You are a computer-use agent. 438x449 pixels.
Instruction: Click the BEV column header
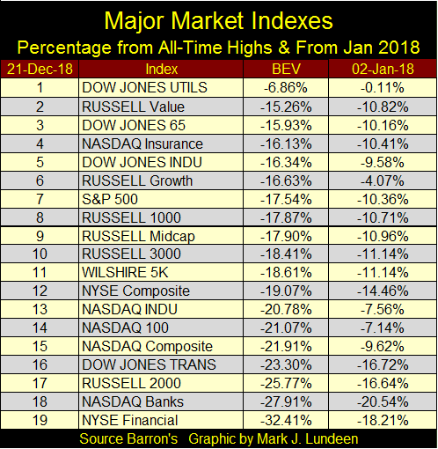point(286,70)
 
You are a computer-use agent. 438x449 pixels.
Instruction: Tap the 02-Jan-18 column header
point(383,70)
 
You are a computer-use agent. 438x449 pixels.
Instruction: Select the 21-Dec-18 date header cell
point(40,70)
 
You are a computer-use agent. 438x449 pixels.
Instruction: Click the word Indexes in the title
point(291,21)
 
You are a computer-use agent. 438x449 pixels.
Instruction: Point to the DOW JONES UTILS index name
point(144,88)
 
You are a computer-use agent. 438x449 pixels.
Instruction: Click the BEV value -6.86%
point(286,88)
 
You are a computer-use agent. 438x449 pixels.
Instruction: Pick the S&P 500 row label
point(110,200)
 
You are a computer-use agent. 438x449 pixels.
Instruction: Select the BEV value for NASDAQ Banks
point(286,401)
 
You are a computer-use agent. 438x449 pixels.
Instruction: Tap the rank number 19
point(40,420)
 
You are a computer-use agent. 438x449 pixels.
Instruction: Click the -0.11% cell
point(383,88)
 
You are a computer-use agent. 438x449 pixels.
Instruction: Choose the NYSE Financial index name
point(130,420)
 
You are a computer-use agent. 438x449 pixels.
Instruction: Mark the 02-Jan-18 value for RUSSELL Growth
point(383,180)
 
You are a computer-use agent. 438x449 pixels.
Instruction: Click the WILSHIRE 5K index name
point(125,272)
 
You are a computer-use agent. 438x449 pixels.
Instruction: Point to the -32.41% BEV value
point(286,420)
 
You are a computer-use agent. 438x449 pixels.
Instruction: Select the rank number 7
point(40,200)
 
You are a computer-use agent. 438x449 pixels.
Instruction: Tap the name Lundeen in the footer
point(332,439)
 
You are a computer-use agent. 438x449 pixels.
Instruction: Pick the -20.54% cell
point(383,401)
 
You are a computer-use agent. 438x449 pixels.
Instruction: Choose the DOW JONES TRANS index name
point(149,364)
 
